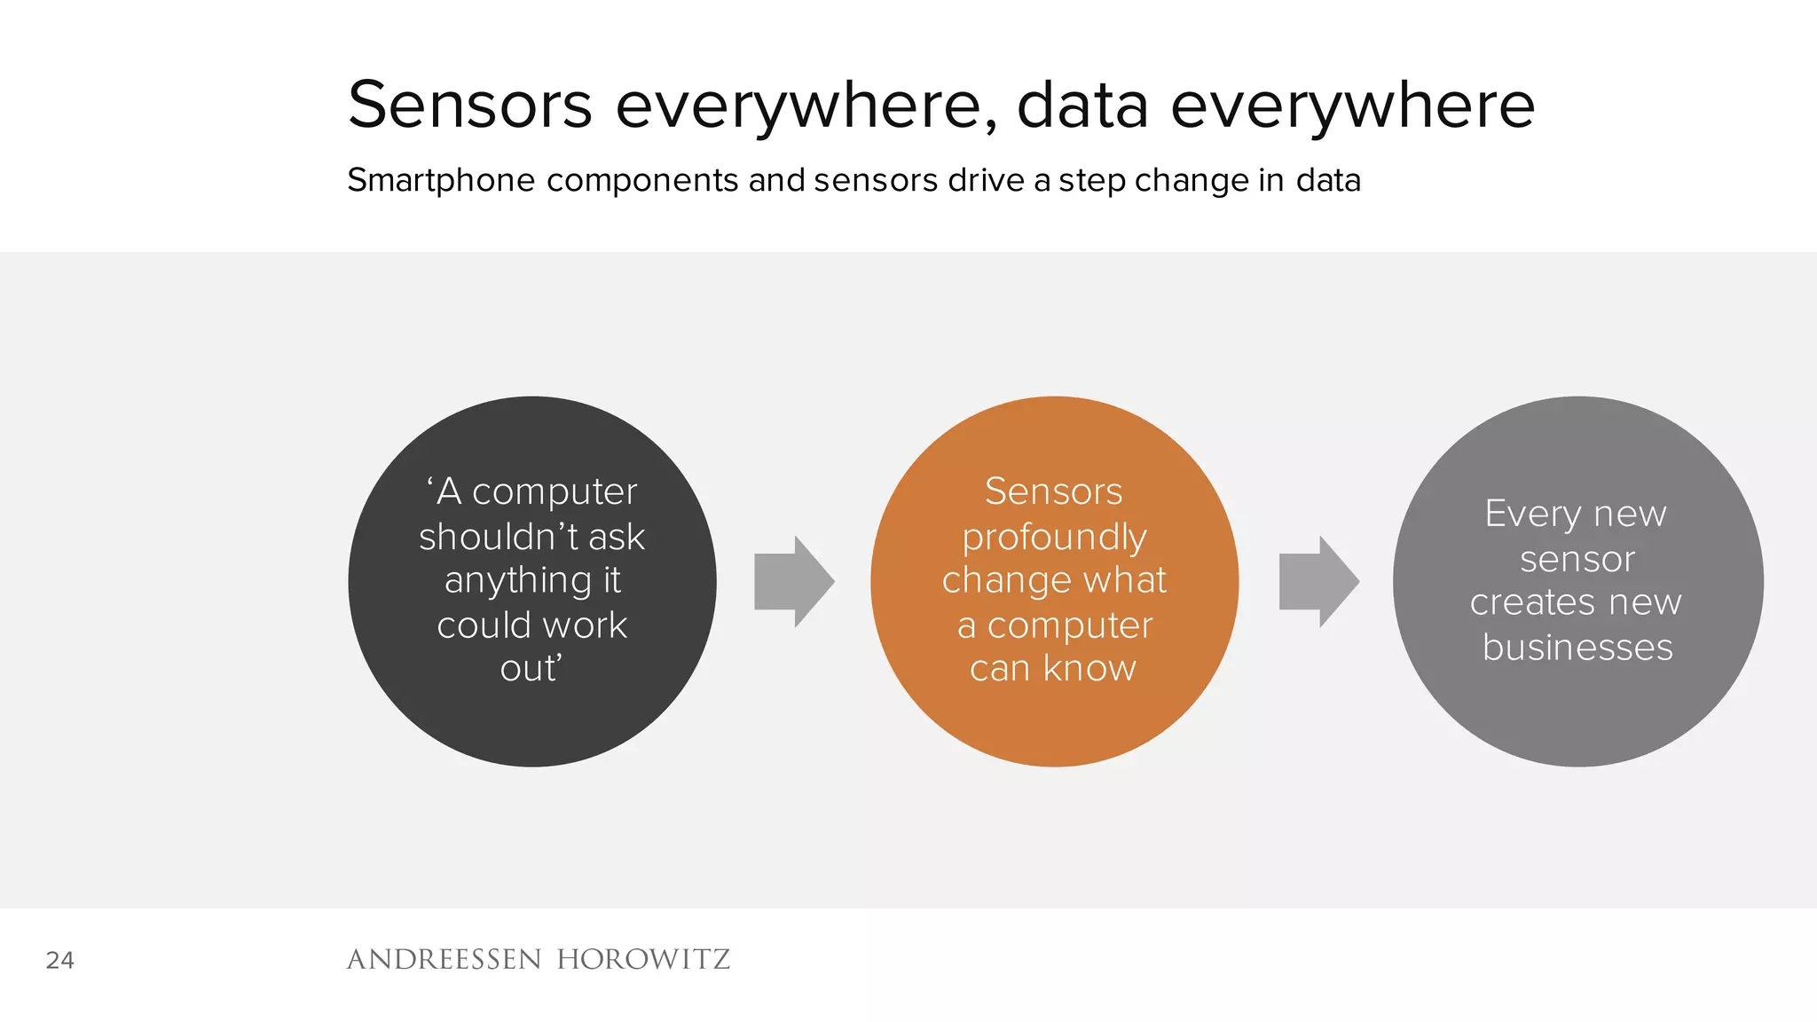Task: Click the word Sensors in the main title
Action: (470, 105)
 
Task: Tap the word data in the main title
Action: (1082, 105)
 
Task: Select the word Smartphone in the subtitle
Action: (441, 180)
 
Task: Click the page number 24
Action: (60, 960)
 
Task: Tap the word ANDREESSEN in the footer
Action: (444, 959)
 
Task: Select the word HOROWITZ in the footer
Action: (643, 959)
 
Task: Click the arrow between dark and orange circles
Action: (793, 582)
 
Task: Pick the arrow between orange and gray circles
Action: (1318, 582)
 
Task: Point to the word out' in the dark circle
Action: (531, 668)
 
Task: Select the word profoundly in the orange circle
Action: (1054, 538)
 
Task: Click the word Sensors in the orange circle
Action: (1054, 491)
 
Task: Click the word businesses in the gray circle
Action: (1577, 648)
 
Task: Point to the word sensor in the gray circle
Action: (1577, 559)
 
